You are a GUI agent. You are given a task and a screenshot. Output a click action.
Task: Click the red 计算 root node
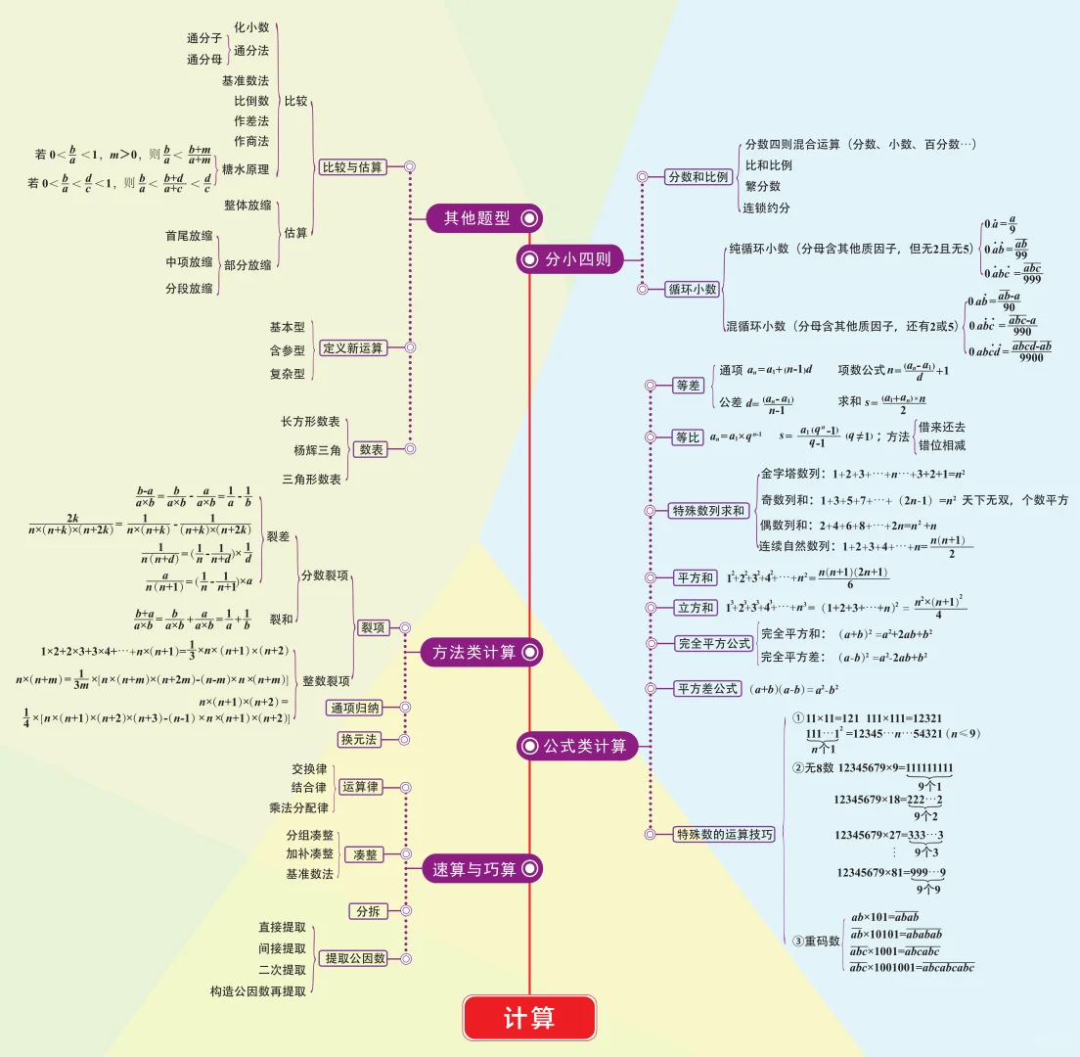(529, 1018)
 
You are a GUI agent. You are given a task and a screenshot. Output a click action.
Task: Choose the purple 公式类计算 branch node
(578, 747)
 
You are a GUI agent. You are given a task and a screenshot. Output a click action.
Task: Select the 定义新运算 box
(352, 347)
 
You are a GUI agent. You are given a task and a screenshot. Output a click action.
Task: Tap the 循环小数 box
(693, 289)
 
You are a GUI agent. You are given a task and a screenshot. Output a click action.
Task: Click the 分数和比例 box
(698, 177)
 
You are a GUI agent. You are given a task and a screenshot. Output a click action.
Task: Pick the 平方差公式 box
(708, 689)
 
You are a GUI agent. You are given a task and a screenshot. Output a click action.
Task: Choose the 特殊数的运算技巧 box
(725, 835)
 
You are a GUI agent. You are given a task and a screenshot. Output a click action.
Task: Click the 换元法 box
(359, 739)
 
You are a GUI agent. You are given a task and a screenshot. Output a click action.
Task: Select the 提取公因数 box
(355, 957)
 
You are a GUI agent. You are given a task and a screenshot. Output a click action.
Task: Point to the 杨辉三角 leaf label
(317, 451)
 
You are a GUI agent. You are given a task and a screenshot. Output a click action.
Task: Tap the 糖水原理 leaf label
(246, 169)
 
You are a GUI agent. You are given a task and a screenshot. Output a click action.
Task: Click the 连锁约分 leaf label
(768, 207)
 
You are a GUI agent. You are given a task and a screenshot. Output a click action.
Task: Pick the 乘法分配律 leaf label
(299, 808)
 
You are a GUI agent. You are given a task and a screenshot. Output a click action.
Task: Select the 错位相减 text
(942, 445)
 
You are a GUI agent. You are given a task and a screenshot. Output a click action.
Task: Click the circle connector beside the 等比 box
(650, 437)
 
